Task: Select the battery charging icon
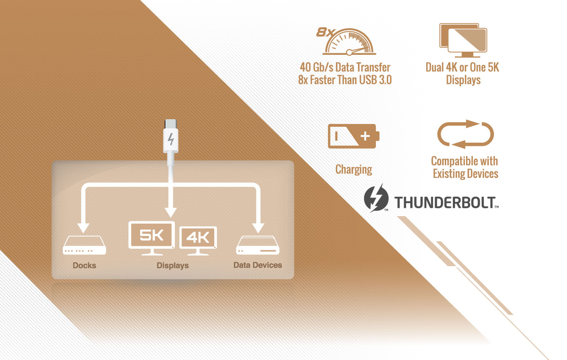tap(353, 136)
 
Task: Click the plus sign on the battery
tap(365, 136)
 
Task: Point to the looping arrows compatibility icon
tap(465, 134)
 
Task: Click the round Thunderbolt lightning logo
tap(376, 198)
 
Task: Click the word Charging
tap(354, 170)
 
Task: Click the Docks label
tap(84, 265)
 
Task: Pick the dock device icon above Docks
tap(84, 245)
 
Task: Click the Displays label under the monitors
tap(172, 265)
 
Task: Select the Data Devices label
tap(257, 265)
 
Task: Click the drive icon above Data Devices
tap(257, 245)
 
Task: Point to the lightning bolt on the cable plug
tap(171, 139)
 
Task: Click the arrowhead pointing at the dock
tap(83, 228)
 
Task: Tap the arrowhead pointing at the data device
tap(258, 228)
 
